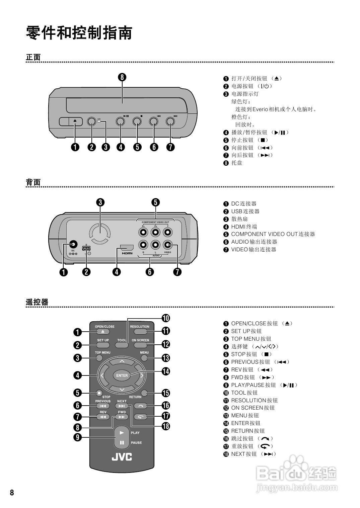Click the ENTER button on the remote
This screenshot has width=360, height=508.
[x=122, y=375]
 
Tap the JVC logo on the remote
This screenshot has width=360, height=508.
[x=122, y=457]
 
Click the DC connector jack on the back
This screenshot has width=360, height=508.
[x=73, y=245]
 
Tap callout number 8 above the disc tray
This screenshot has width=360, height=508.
[x=122, y=77]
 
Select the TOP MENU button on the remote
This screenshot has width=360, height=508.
[x=99, y=358]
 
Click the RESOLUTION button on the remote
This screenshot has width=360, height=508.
[x=140, y=332]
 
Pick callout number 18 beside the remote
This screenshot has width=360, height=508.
[x=166, y=426]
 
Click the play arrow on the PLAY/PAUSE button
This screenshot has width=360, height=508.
[x=122, y=433]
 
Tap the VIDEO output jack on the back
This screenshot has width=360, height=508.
[x=167, y=245]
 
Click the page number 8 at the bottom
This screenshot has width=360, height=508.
[x=12, y=493]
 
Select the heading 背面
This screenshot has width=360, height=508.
[x=33, y=182]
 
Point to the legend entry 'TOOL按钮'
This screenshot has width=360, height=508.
[x=244, y=393]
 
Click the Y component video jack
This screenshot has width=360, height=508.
[x=167, y=232]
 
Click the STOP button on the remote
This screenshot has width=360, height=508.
[x=99, y=393]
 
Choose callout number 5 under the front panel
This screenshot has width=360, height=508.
[x=137, y=147]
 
